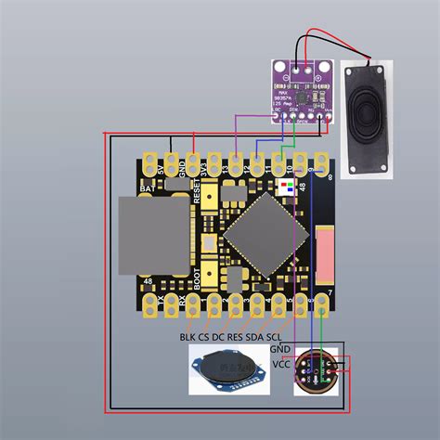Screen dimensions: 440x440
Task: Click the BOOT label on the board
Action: [198, 277]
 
